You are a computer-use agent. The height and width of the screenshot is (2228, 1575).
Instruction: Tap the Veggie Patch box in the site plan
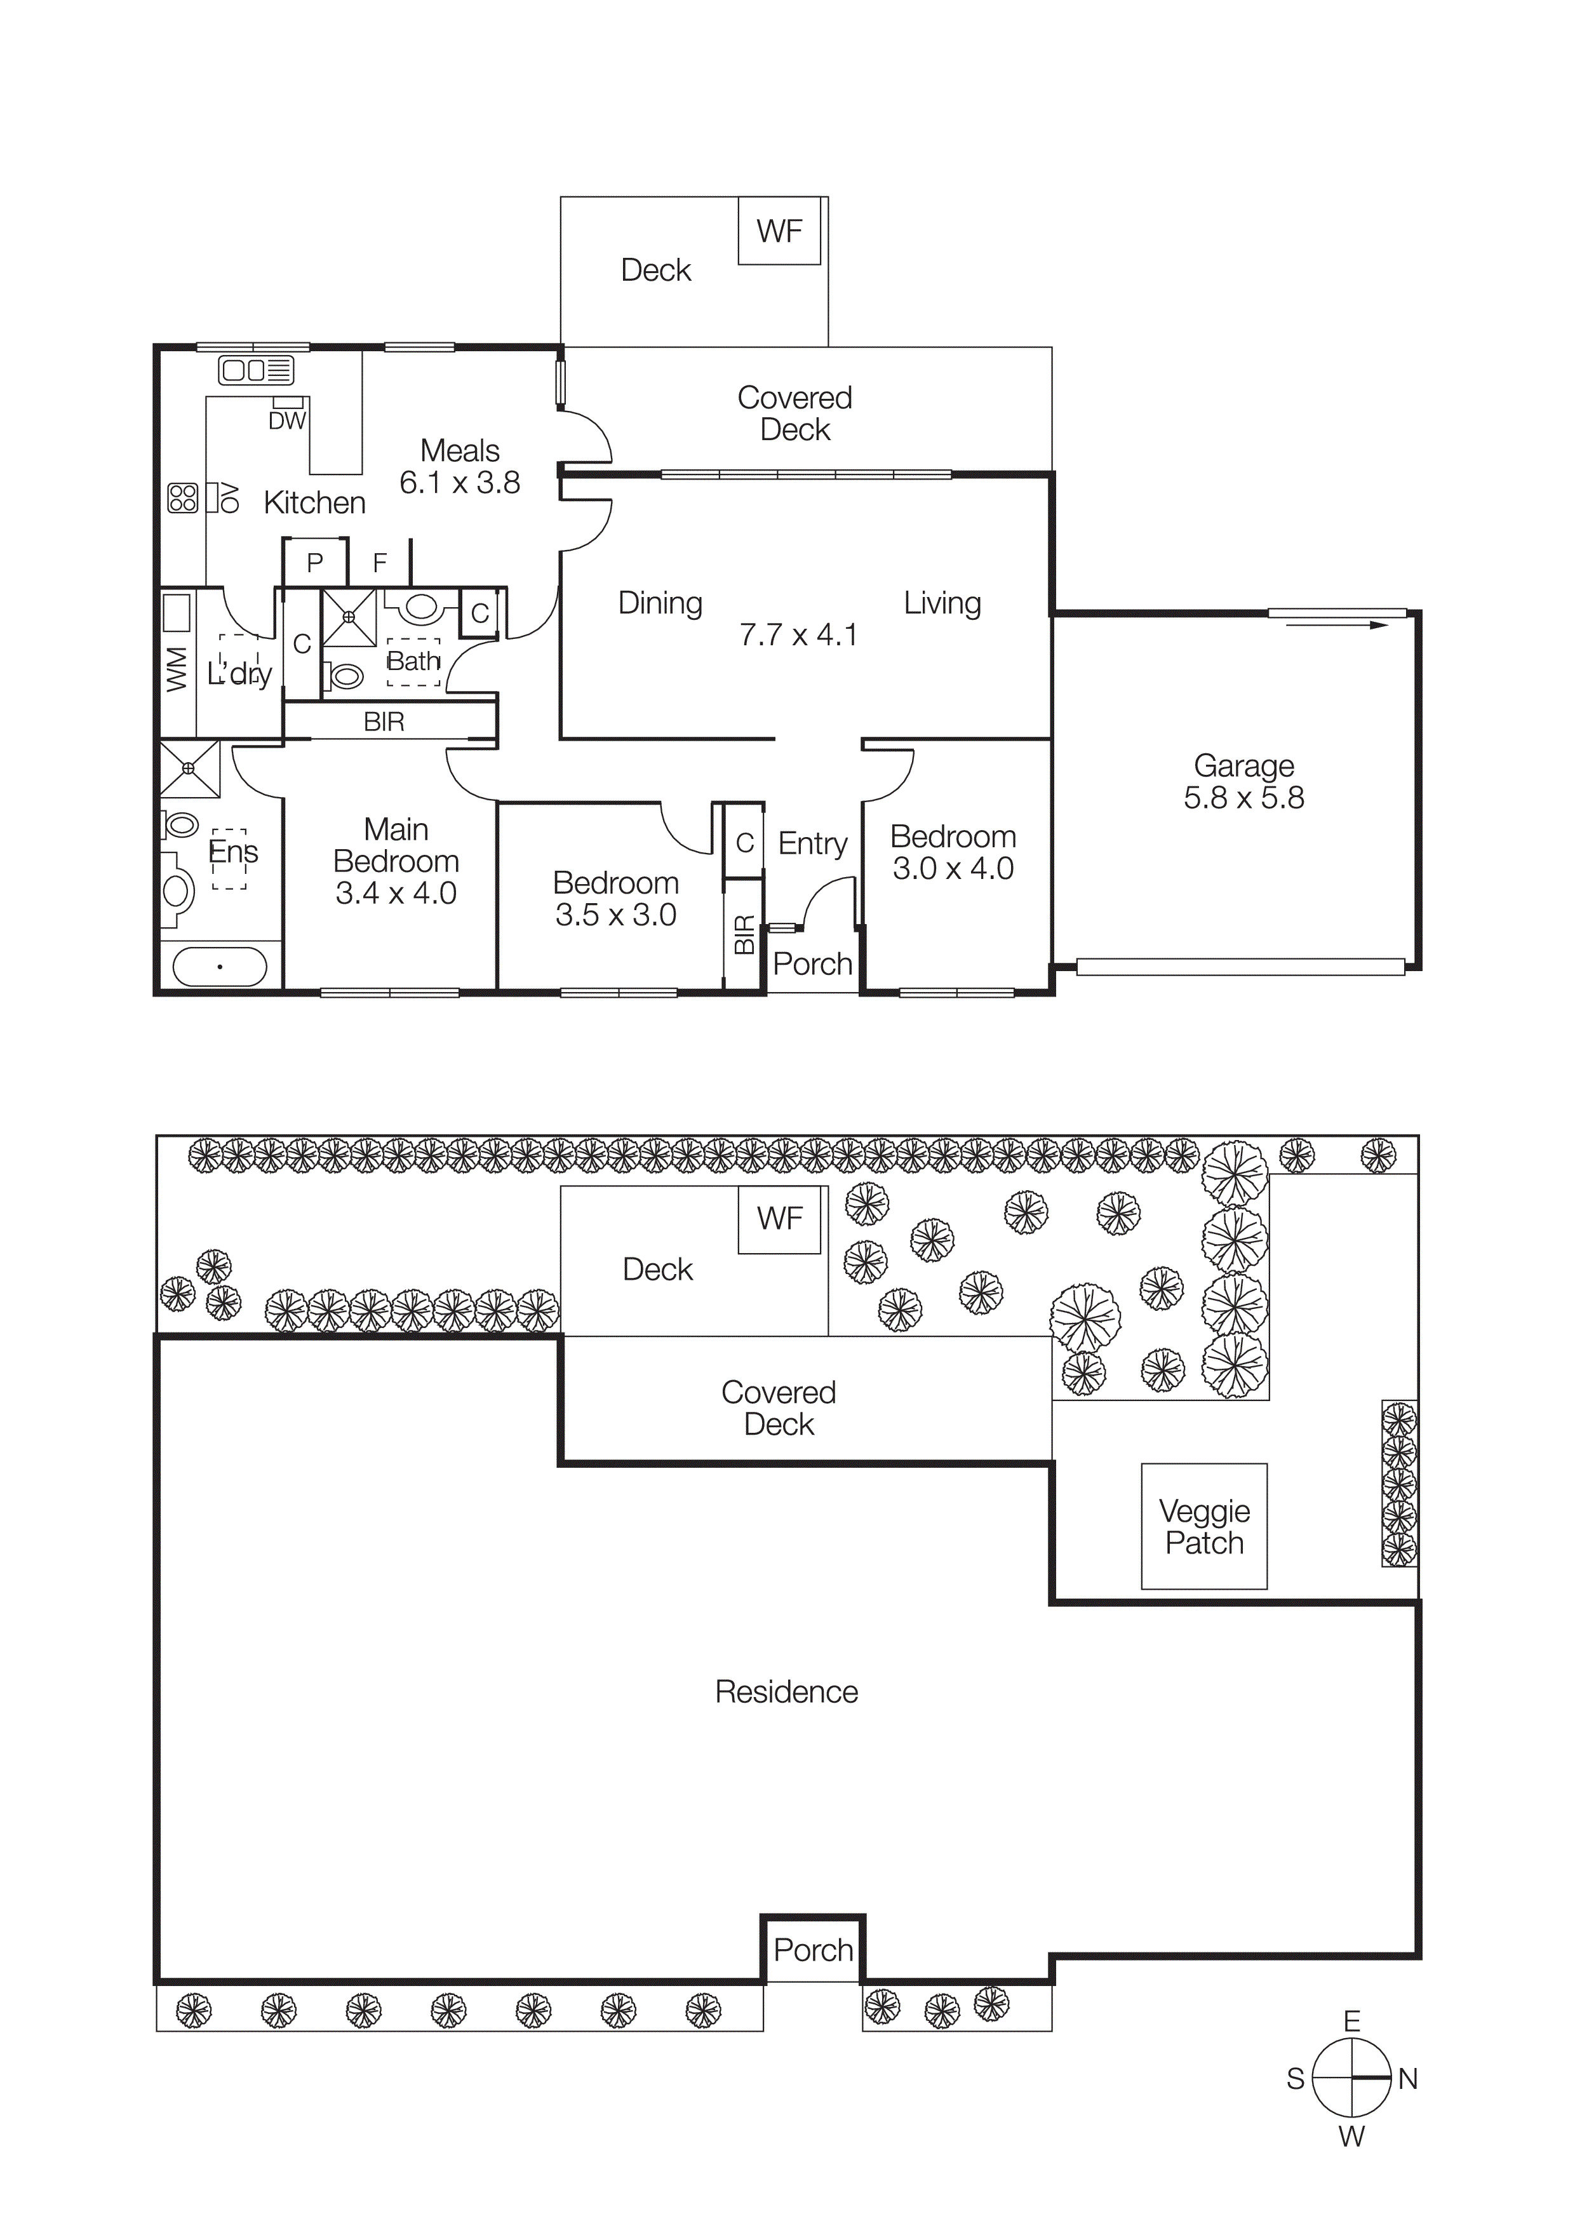[1203, 1526]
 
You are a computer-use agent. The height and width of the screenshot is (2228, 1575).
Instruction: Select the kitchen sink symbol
[256, 370]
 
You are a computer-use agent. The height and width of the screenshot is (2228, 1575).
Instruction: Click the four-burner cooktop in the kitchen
[182, 498]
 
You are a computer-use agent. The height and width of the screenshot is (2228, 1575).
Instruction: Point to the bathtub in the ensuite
[219, 967]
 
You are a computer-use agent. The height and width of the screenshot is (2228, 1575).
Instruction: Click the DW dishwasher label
[286, 421]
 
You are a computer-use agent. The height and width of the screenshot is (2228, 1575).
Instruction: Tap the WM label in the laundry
[177, 669]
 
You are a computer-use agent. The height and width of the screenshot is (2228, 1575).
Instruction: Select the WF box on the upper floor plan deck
[779, 231]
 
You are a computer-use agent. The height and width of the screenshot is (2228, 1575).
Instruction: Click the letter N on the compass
[1407, 2079]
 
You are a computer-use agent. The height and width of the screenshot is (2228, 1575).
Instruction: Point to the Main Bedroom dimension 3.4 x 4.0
[396, 893]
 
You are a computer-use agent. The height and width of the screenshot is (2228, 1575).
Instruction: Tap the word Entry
[812, 843]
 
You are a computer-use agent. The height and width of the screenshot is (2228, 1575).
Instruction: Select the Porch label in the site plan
[813, 1950]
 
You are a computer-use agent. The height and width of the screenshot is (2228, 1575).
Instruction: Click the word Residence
[786, 1691]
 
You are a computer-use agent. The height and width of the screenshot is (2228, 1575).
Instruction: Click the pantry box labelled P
[314, 563]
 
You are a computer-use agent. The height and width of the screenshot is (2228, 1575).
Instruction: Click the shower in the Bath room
[349, 617]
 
